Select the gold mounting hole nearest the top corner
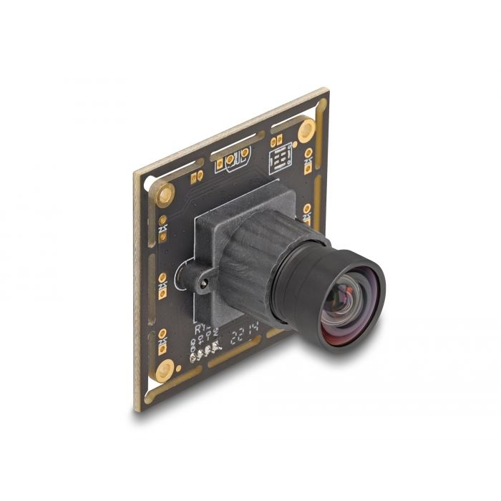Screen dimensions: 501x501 point(306,130)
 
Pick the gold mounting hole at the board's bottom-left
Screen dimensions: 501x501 point(165,369)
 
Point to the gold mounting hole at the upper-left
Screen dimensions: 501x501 point(165,192)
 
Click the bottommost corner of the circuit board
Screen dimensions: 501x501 point(137,410)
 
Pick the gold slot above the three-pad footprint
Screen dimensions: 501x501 point(229,140)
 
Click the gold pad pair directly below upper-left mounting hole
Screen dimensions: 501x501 point(162,228)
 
